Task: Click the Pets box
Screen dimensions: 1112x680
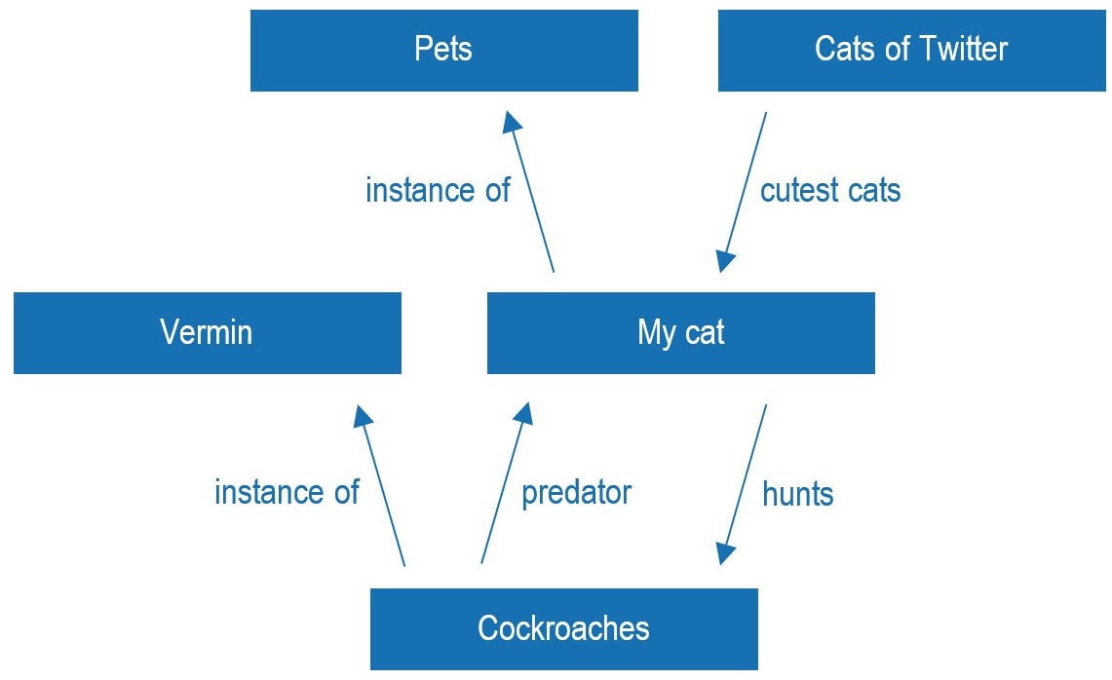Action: pyautogui.click(x=444, y=51)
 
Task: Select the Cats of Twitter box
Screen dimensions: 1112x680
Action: pyautogui.click(x=912, y=51)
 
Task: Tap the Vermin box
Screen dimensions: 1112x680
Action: pyautogui.click(x=207, y=332)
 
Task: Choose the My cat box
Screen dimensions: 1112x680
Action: pyautogui.click(x=681, y=332)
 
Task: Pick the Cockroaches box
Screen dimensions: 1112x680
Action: pyautogui.click(x=564, y=629)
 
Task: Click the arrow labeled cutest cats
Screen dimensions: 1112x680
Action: pyautogui.click(x=744, y=192)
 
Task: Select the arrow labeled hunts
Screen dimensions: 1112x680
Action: pyautogui.click(x=744, y=484)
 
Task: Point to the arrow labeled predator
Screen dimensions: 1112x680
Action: pyautogui.click(x=506, y=483)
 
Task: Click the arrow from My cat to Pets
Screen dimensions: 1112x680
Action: pyautogui.click(x=528, y=192)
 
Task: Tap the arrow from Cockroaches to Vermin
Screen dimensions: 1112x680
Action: pyautogui.click(x=379, y=486)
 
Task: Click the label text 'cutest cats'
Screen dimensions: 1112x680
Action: pyautogui.click(x=830, y=191)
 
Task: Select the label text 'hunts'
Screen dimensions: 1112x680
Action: pyautogui.click(x=798, y=494)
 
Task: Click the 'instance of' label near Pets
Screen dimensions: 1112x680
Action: pyautogui.click(x=438, y=191)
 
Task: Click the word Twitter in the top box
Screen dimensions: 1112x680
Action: pyautogui.click(x=965, y=49)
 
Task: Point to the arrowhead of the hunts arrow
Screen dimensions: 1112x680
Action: pyautogui.click(x=725, y=553)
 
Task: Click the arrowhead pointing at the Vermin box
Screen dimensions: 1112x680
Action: pyautogui.click(x=363, y=416)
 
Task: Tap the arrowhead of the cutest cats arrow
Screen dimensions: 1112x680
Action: pyautogui.click(x=725, y=262)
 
